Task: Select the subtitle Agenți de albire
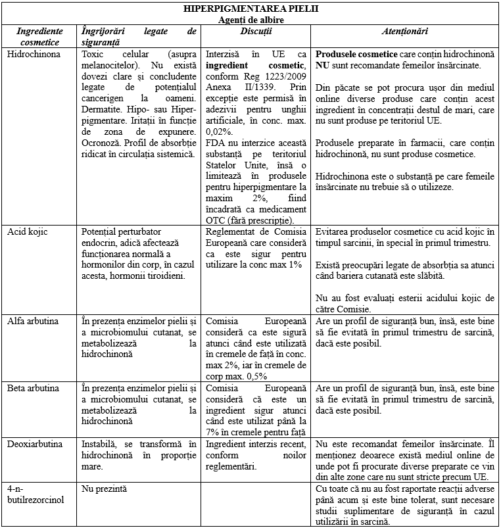click(251, 20)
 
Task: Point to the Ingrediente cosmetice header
click(39, 36)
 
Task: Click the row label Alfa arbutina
click(33, 321)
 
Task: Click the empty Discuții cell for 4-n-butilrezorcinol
click(256, 504)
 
